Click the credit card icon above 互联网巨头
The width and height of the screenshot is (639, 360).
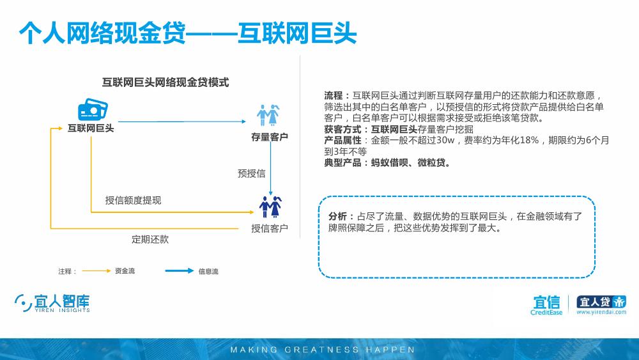point(93,109)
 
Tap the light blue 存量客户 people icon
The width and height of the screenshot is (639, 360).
point(268,115)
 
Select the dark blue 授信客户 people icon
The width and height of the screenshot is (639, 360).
point(270,207)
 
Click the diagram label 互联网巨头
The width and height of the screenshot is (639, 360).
point(91,128)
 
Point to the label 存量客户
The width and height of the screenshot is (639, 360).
point(270,137)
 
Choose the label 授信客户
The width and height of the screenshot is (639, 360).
point(270,228)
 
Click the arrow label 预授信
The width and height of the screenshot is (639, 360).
point(251,173)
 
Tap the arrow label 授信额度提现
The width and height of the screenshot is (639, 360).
point(134,200)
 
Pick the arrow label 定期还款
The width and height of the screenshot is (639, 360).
point(150,239)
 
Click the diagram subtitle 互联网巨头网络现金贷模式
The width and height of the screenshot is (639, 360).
point(166,82)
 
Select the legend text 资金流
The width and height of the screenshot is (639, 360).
point(125,270)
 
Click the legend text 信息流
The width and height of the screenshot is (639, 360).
point(208,271)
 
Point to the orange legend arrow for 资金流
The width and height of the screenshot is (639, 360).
point(96,270)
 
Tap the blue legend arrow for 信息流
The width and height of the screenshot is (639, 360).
point(180,270)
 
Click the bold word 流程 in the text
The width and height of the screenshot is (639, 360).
point(334,95)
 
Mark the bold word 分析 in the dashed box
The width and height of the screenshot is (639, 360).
point(338,216)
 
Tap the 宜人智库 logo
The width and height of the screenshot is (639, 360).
point(52,303)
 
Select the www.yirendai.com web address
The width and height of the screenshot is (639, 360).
point(601,312)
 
